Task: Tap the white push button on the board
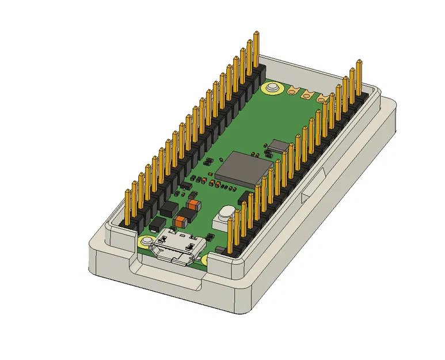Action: click(224, 218)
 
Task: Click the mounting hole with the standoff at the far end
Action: click(271, 88)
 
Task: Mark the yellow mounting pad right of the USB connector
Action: click(206, 260)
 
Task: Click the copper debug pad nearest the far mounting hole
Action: click(294, 90)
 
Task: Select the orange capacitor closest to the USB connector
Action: click(182, 221)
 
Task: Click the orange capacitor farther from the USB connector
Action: click(193, 204)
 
